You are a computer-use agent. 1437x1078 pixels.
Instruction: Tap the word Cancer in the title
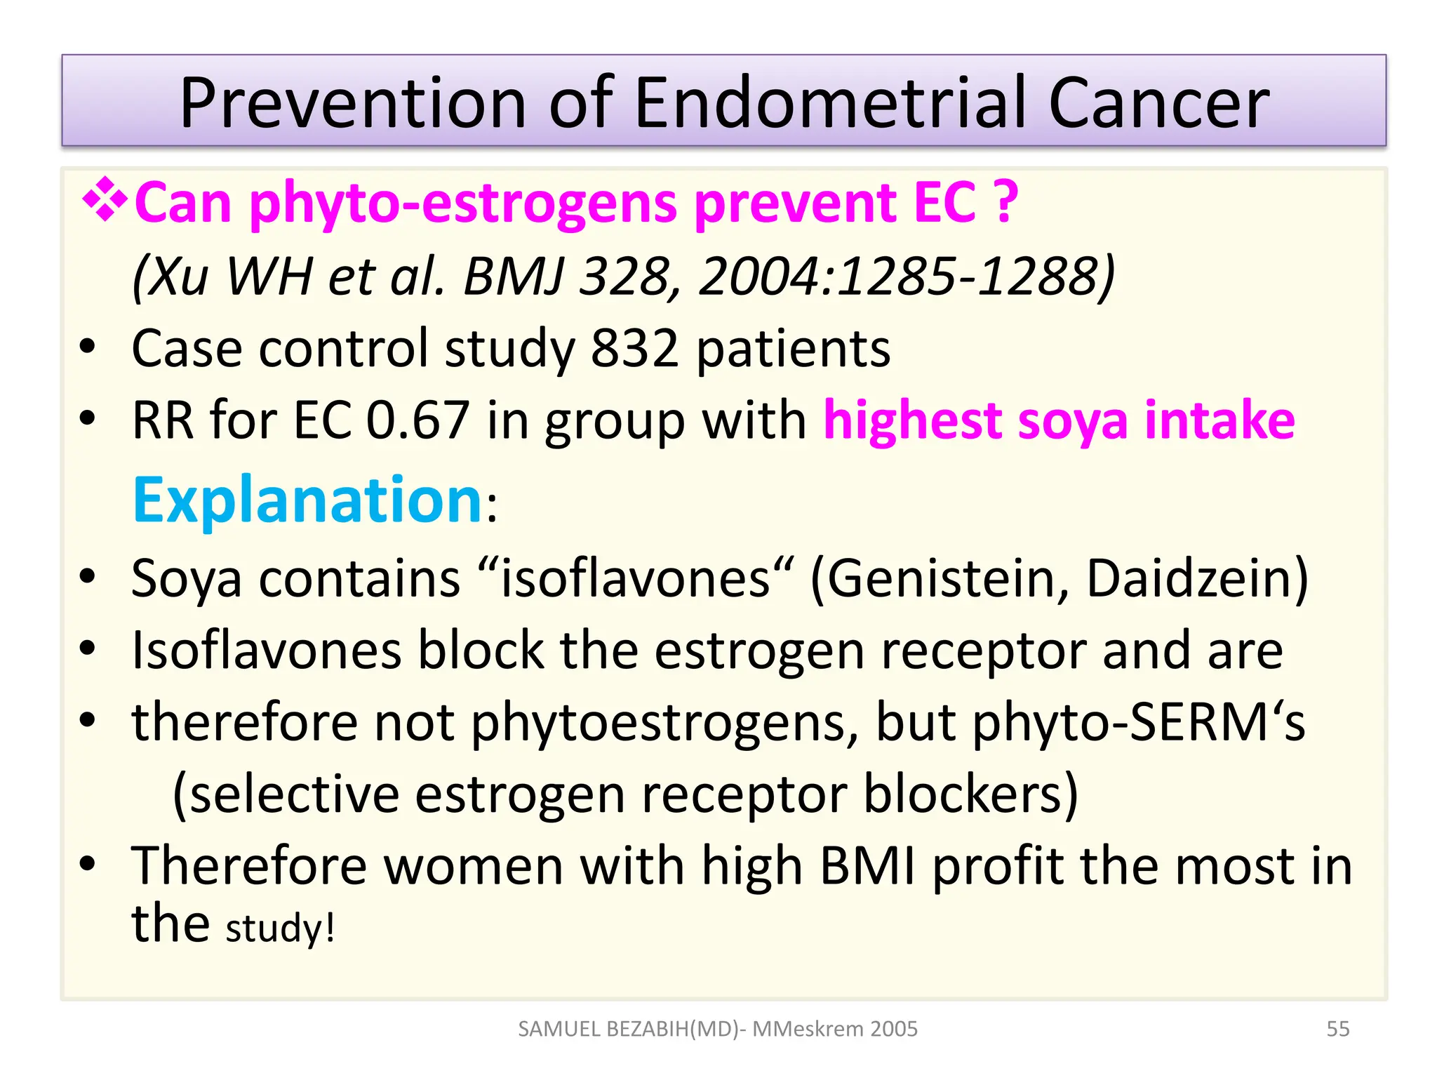pyautogui.click(x=1158, y=103)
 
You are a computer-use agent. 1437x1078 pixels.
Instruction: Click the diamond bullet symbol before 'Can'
pyautogui.click(x=105, y=201)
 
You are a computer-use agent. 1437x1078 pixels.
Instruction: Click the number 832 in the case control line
pyautogui.click(x=634, y=348)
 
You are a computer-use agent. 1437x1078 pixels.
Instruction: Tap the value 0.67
pyautogui.click(x=417, y=420)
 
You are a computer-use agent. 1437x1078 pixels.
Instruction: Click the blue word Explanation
pyautogui.click(x=307, y=500)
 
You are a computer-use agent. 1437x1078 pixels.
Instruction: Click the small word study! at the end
pyautogui.click(x=280, y=928)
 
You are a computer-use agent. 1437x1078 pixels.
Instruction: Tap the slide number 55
pyautogui.click(x=1337, y=1029)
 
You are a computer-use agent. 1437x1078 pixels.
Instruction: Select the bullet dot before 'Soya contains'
pyautogui.click(x=87, y=577)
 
